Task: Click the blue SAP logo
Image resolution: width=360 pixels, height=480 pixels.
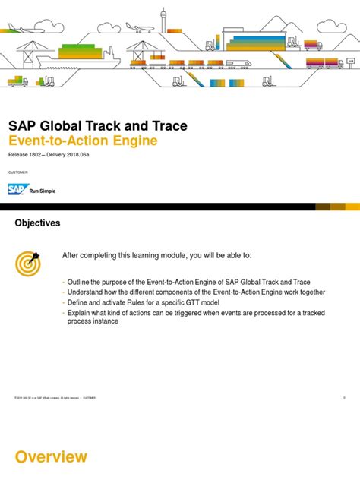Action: [17, 190]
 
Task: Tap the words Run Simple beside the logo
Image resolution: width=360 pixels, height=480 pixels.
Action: [43, 191]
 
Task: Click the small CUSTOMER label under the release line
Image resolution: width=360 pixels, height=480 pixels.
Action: [17, 172]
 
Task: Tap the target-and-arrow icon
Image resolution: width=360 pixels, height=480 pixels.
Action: [29, 262]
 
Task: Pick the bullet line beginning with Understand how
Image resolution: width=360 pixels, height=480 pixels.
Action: [196, 292]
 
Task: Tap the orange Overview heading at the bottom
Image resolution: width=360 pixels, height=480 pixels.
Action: [51, 457]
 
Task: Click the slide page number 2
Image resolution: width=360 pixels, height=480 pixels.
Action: [344, 396]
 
